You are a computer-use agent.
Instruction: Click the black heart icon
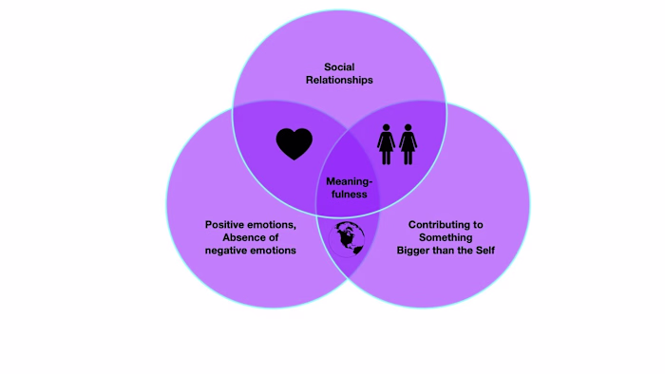(294, 143)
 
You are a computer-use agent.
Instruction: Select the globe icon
(349, 237)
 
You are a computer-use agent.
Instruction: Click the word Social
(339, 67)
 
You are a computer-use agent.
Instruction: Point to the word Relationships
(339, 81)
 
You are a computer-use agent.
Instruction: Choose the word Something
(446, 237)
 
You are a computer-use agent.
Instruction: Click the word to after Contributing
(478, 225)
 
